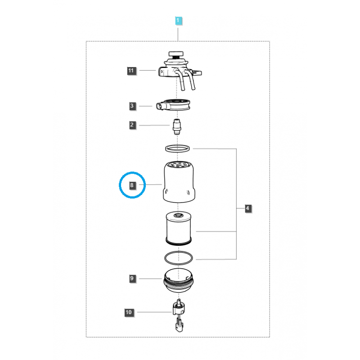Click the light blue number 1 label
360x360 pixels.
(178, 21)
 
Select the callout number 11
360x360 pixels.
(131, 71)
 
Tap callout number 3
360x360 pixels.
(132, 106)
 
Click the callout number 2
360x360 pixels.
(132, 125)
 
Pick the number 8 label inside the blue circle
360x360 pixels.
(132, 185)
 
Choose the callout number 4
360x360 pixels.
(247, 208)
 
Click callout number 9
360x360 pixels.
(132, 279)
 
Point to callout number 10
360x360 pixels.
(129, 312)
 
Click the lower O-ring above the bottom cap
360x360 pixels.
(178, 258)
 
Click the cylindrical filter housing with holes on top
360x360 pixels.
(179, 182)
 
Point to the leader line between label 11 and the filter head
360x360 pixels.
(146, 71)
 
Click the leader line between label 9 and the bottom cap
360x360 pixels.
(148, 279)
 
